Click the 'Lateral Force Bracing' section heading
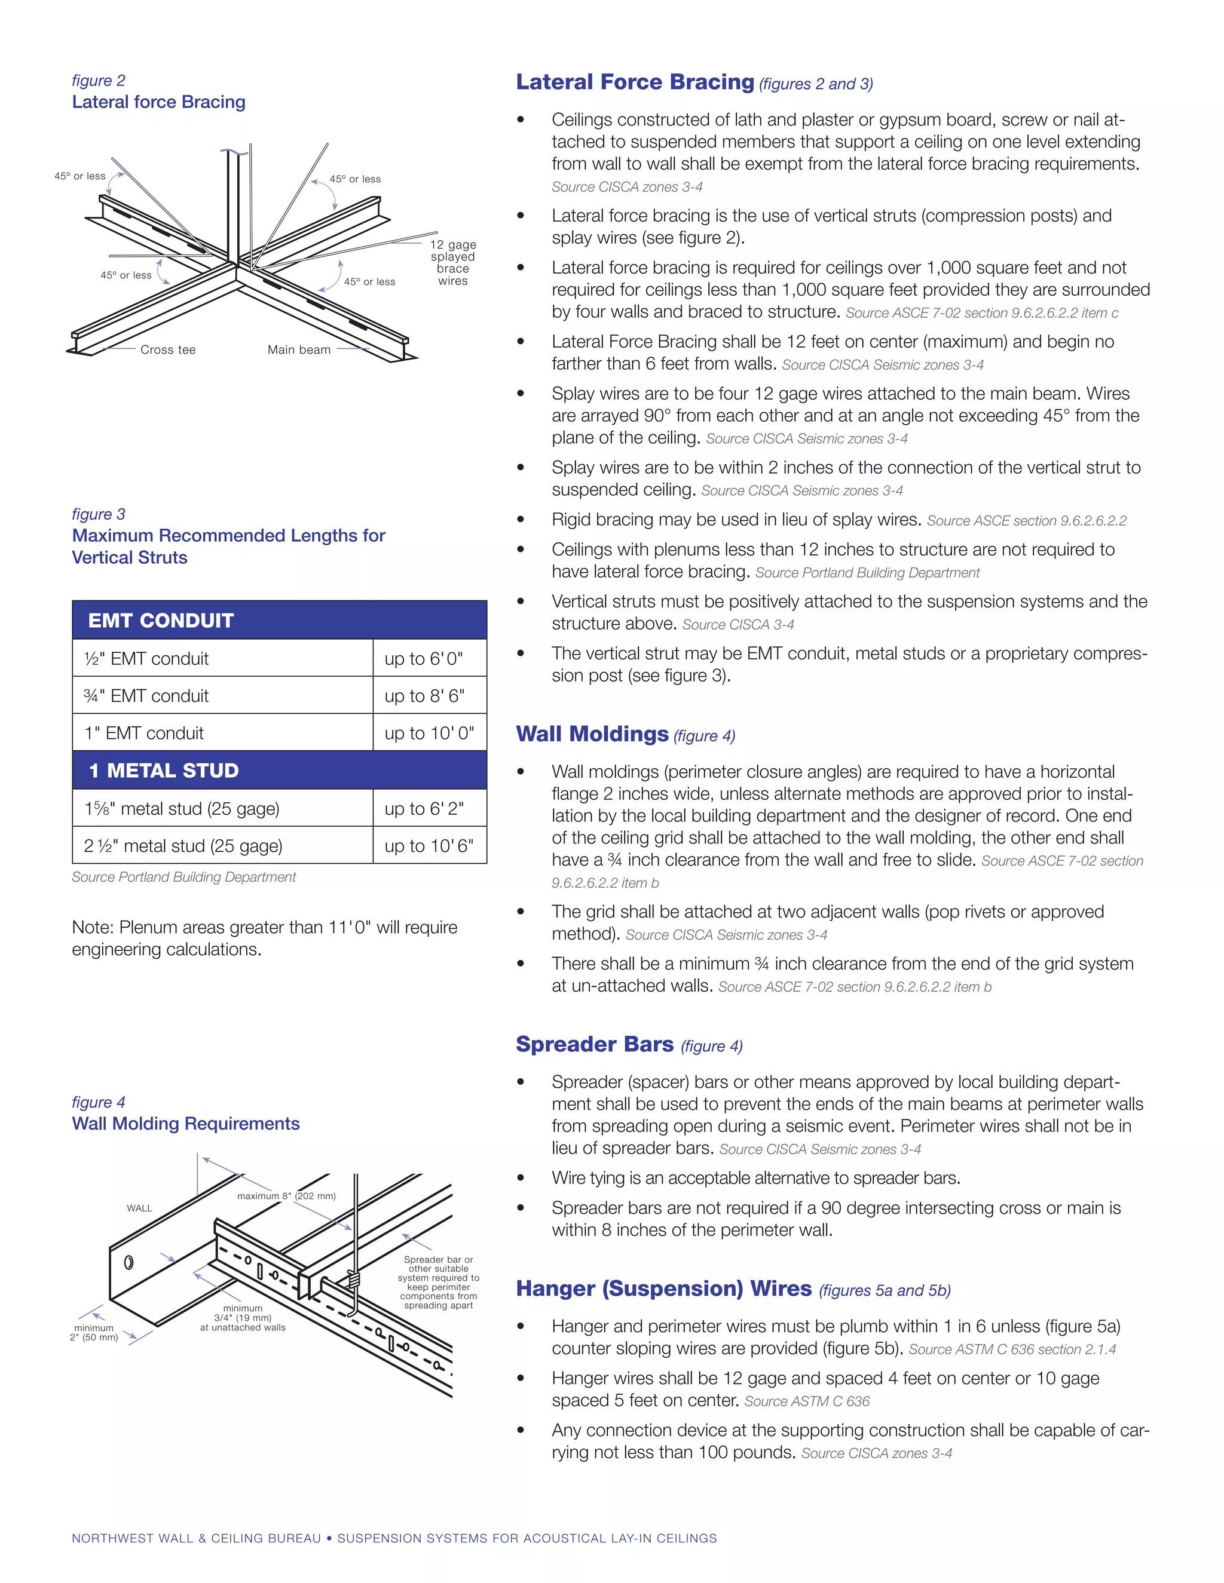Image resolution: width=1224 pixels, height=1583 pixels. coord(635,82)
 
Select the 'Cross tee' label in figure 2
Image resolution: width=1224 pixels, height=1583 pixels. coord(167,349)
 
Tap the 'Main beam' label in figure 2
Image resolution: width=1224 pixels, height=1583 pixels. coord(299,349)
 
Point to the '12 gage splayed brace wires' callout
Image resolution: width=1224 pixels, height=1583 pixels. coord(452,262)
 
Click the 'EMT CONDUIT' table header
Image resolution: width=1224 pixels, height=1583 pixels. coord(161,621)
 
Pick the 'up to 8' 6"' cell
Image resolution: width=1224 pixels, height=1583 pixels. coord(424,696)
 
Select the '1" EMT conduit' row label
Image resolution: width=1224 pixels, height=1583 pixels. coord(144,733)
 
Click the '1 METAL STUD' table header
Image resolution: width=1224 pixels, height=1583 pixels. coord(164,771)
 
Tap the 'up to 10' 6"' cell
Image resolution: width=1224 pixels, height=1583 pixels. coord(429,846)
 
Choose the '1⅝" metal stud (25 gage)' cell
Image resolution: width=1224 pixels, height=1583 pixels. coord(182,808)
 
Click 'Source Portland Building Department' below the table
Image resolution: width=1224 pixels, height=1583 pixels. coord(183,877)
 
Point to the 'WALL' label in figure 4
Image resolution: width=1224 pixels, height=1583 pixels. coord(139,1208)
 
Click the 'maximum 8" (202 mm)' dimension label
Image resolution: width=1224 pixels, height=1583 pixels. coord(286,1196)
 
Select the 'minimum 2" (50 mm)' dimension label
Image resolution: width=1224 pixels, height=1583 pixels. coord(94,1332)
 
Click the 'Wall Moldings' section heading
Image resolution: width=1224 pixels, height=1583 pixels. coord(592,734)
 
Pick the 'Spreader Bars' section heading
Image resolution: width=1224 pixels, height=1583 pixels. coord(595,1044)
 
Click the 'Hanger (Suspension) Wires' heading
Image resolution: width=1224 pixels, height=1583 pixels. coord(663,1288)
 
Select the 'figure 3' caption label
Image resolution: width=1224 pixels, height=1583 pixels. coord(99,514)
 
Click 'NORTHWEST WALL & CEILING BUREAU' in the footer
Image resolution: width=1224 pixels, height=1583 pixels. coord(196,1538)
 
